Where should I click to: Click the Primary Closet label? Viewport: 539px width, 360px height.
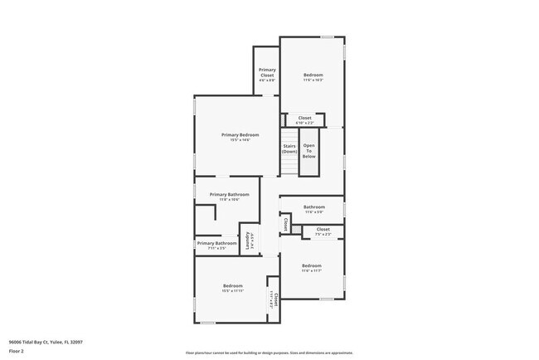(266, 72)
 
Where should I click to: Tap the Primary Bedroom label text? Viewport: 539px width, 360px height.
(240, 134)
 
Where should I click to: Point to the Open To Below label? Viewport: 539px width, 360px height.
(308, 151)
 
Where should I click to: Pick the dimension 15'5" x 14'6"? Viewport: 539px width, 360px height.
(240, 140)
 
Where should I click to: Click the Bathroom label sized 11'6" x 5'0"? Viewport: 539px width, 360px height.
(313, 207)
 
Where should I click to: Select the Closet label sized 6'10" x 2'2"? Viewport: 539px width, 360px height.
(304, 118)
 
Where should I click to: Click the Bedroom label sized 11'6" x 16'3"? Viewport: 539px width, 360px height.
(313, 75)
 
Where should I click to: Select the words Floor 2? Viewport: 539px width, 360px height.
(16, 352)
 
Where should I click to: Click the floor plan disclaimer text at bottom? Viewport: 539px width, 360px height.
(269, 353)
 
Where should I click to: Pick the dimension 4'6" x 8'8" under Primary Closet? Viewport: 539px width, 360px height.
(266, 80)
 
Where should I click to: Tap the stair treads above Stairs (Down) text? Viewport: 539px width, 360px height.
(289, 135)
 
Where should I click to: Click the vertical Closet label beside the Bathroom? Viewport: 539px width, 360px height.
(286, 223)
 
